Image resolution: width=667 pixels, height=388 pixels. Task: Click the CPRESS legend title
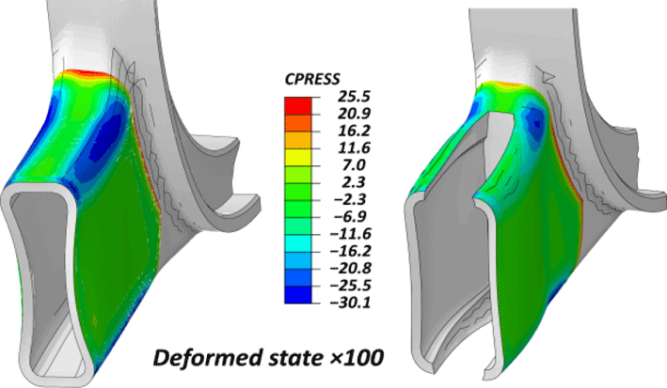(x=312, y=79)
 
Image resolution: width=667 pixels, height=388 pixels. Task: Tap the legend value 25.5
(x=354, y=97)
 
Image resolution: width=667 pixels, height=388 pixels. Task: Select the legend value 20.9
(x=354, y=114)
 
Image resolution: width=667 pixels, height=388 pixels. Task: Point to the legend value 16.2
(x=354, y=131)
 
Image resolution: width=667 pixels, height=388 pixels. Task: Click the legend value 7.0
(x=354, y=165)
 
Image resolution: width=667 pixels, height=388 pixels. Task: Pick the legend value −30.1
(x=351, y=303)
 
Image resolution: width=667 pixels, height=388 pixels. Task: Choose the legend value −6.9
(x=351, y=216)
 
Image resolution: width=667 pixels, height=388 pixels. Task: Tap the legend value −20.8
(x=351, y=268)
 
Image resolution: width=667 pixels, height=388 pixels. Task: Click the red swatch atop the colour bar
(x=298, y=106)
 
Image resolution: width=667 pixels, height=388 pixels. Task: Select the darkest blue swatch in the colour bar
(x=298, y=295)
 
